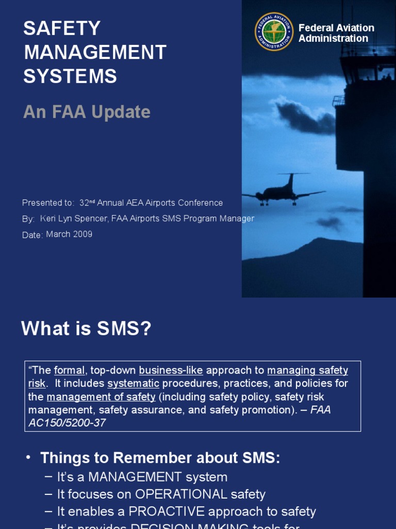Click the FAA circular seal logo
click(x=274, y=32)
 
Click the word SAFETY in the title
click(x=62, y=28)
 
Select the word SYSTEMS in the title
click(x=70, y=76)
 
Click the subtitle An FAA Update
click(x=87, y=112)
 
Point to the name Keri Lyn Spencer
click(x=74, y=219)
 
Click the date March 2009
click(x=69, y=234)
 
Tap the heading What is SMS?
click(x=86, y=329)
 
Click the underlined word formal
click(x=69, y=370)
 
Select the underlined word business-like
click(x=171, y=370)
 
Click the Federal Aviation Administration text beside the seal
click(x=336, y=33)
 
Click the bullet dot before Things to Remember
click(x=28, y=458)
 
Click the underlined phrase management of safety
click(x=101, y=397)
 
